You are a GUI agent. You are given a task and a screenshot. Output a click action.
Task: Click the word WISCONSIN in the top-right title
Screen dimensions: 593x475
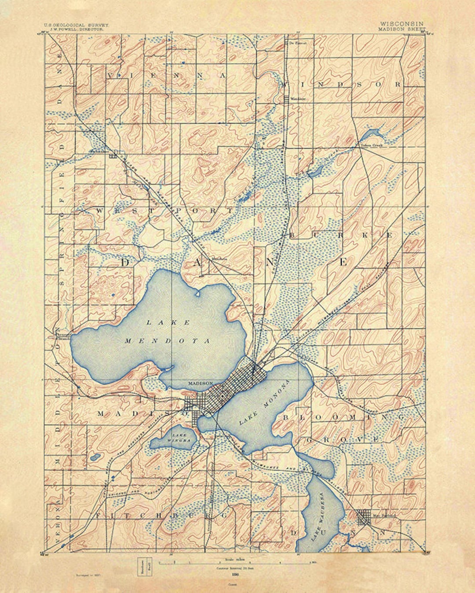pyautogui.click(x=402, y=24)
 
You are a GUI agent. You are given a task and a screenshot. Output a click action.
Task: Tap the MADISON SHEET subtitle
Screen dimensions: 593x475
pyautogui.click(x=402, y=29)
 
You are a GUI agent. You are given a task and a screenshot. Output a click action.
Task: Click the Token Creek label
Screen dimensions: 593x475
pyautogui.click(x=372, y=145)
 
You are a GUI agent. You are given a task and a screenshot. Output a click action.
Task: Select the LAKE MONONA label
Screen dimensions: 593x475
pyautogui.click(x=265, y=402)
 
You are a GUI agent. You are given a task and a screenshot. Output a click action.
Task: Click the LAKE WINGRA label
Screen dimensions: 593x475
pyautogui.click(x=180, y=437)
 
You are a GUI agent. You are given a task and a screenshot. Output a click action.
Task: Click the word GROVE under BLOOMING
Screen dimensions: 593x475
pyautogui.click(x=341, y=439)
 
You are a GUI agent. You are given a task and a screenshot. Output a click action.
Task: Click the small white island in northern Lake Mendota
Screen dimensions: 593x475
pyautogui.click(x=197, y=292)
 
